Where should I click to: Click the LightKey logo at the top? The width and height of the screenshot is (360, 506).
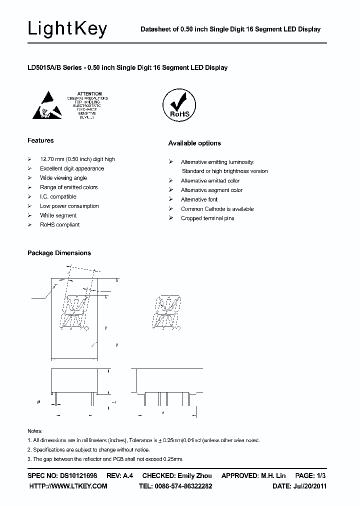coord(67,29)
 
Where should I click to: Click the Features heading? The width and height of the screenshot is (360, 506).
coord(40,140)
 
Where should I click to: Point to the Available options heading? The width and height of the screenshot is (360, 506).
coord(194,143)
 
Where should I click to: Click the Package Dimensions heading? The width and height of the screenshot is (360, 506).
coord(59,253)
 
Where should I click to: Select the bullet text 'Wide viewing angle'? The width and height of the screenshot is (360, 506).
coord(63,178)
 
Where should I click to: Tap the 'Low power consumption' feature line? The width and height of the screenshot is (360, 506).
coord(69,206)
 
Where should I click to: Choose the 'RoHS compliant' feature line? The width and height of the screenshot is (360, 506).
coord(60,225)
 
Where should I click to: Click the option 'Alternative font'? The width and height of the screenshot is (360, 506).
coord(199,199)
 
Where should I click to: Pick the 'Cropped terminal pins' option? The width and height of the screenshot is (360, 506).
coord(207,218)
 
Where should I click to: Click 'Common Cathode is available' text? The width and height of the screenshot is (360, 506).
coord(217,209)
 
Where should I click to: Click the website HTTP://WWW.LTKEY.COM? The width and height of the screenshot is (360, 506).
coord(68,486)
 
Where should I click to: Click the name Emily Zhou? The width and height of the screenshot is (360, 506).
coord(194,476)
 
